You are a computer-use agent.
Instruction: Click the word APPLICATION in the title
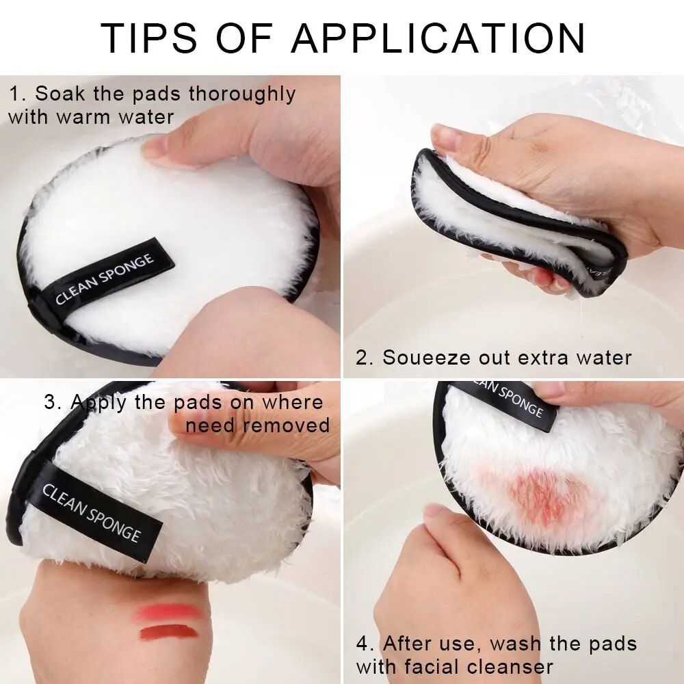tap(438, 38)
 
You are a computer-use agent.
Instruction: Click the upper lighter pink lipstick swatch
tap(168, 611)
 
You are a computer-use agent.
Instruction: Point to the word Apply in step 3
tap(99, 402)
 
